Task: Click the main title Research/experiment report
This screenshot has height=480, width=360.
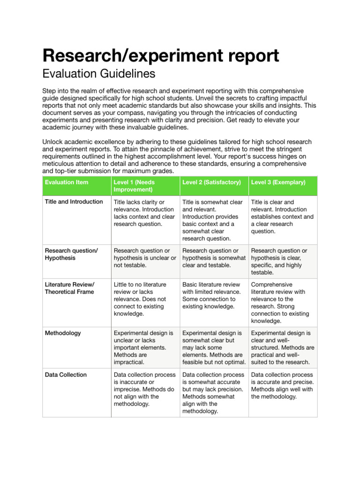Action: (x=160, y=55)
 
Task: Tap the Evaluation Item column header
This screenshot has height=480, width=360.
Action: (x=66, y=182)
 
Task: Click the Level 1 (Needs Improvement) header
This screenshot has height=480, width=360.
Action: (x=134, y=186)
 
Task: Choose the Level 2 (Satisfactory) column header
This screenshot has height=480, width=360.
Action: (x=211, y=182)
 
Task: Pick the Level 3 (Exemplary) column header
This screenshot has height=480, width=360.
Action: (x=277, y=182)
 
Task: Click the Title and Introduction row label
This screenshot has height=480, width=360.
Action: (x=74, y=202)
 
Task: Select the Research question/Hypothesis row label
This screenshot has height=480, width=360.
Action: (x=71, y=255)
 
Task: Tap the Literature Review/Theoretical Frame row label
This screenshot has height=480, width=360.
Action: (x=69, y=288)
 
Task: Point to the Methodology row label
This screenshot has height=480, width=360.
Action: (x=63, y=333)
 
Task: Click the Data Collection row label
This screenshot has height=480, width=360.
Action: (x=66, y=375)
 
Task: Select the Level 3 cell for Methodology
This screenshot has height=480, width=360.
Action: (x=282, y=347)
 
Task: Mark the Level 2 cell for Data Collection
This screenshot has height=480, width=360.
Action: (x=213, y=393)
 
